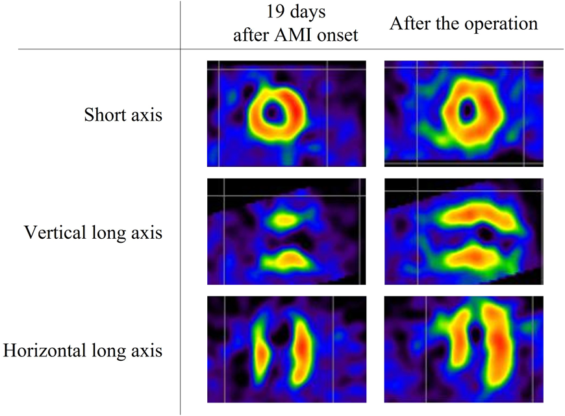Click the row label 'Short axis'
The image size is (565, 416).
(123, 116)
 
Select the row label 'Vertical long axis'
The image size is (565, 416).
(93, 232)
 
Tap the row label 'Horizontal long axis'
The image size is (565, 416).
(82, 351)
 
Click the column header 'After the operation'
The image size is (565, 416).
(464, 24)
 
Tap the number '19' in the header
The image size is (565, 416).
(268, 13)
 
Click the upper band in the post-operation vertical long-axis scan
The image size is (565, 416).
(477, 215)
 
